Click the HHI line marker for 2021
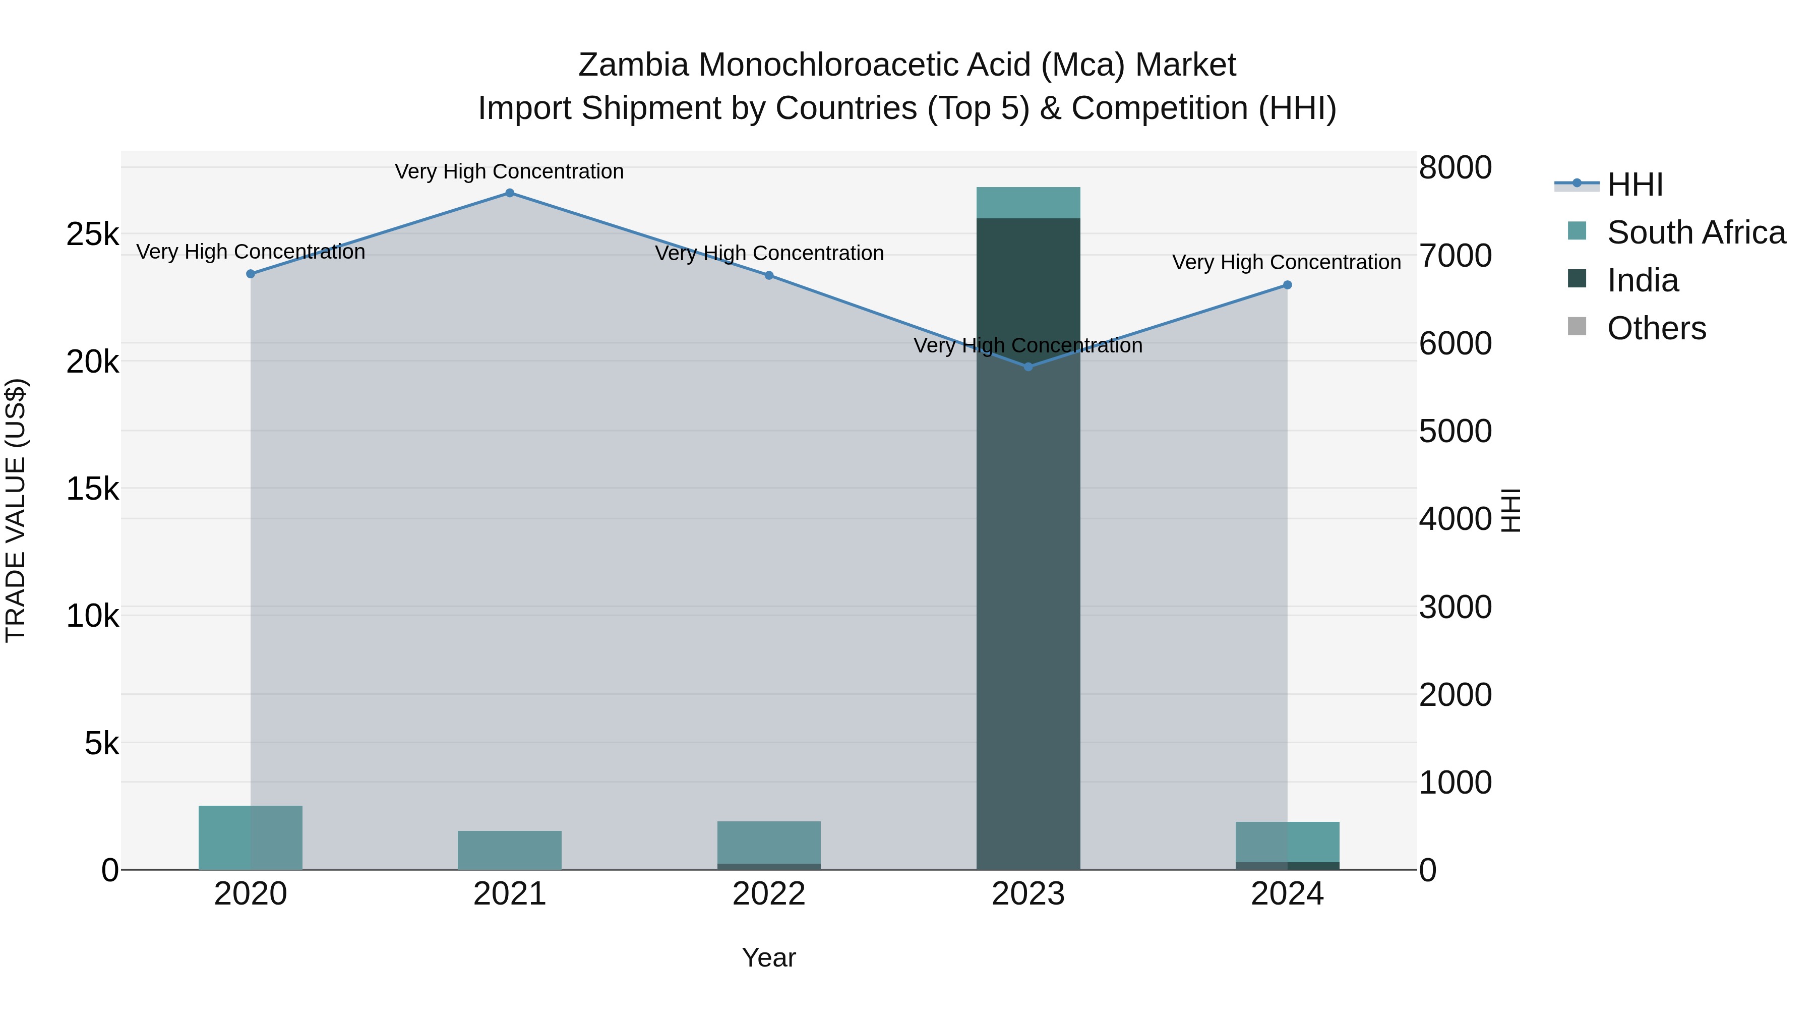pos(509,193)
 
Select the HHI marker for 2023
pos(1028,367)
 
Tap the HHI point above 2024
pos(1287,285)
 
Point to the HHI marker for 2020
pos(250,274)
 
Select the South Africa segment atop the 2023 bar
pos(1028,203)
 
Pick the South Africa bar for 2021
pos(509,851)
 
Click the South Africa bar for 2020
pos(250,838)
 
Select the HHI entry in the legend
pos(1635,185)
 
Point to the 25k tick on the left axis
pos(92,234)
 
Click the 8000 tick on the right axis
pos(1455,168)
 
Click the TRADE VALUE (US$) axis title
pos(16,510)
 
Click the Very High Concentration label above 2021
pos(509,172)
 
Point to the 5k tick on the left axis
pos(101,743)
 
